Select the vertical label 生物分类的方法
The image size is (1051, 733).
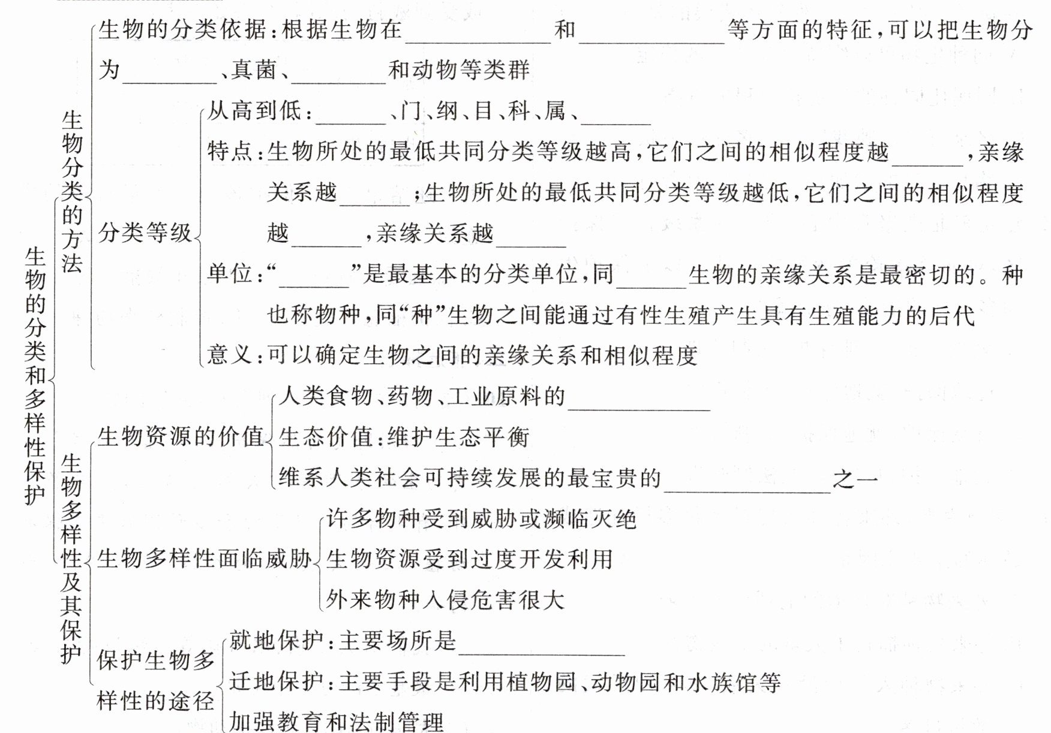point(72,192)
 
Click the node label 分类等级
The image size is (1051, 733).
point(145,233)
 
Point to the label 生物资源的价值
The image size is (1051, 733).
point(181,436)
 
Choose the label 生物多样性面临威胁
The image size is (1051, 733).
point(204,559)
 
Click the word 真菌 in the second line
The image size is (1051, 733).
point(254,70)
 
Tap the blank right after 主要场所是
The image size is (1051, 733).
point(541,645)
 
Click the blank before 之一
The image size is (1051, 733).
point(747,482)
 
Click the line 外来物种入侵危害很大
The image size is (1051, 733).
point(446,599)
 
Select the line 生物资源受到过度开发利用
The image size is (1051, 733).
point(470,559)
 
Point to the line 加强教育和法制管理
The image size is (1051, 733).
point(337,722)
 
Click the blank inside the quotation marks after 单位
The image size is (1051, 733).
point(314,277)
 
